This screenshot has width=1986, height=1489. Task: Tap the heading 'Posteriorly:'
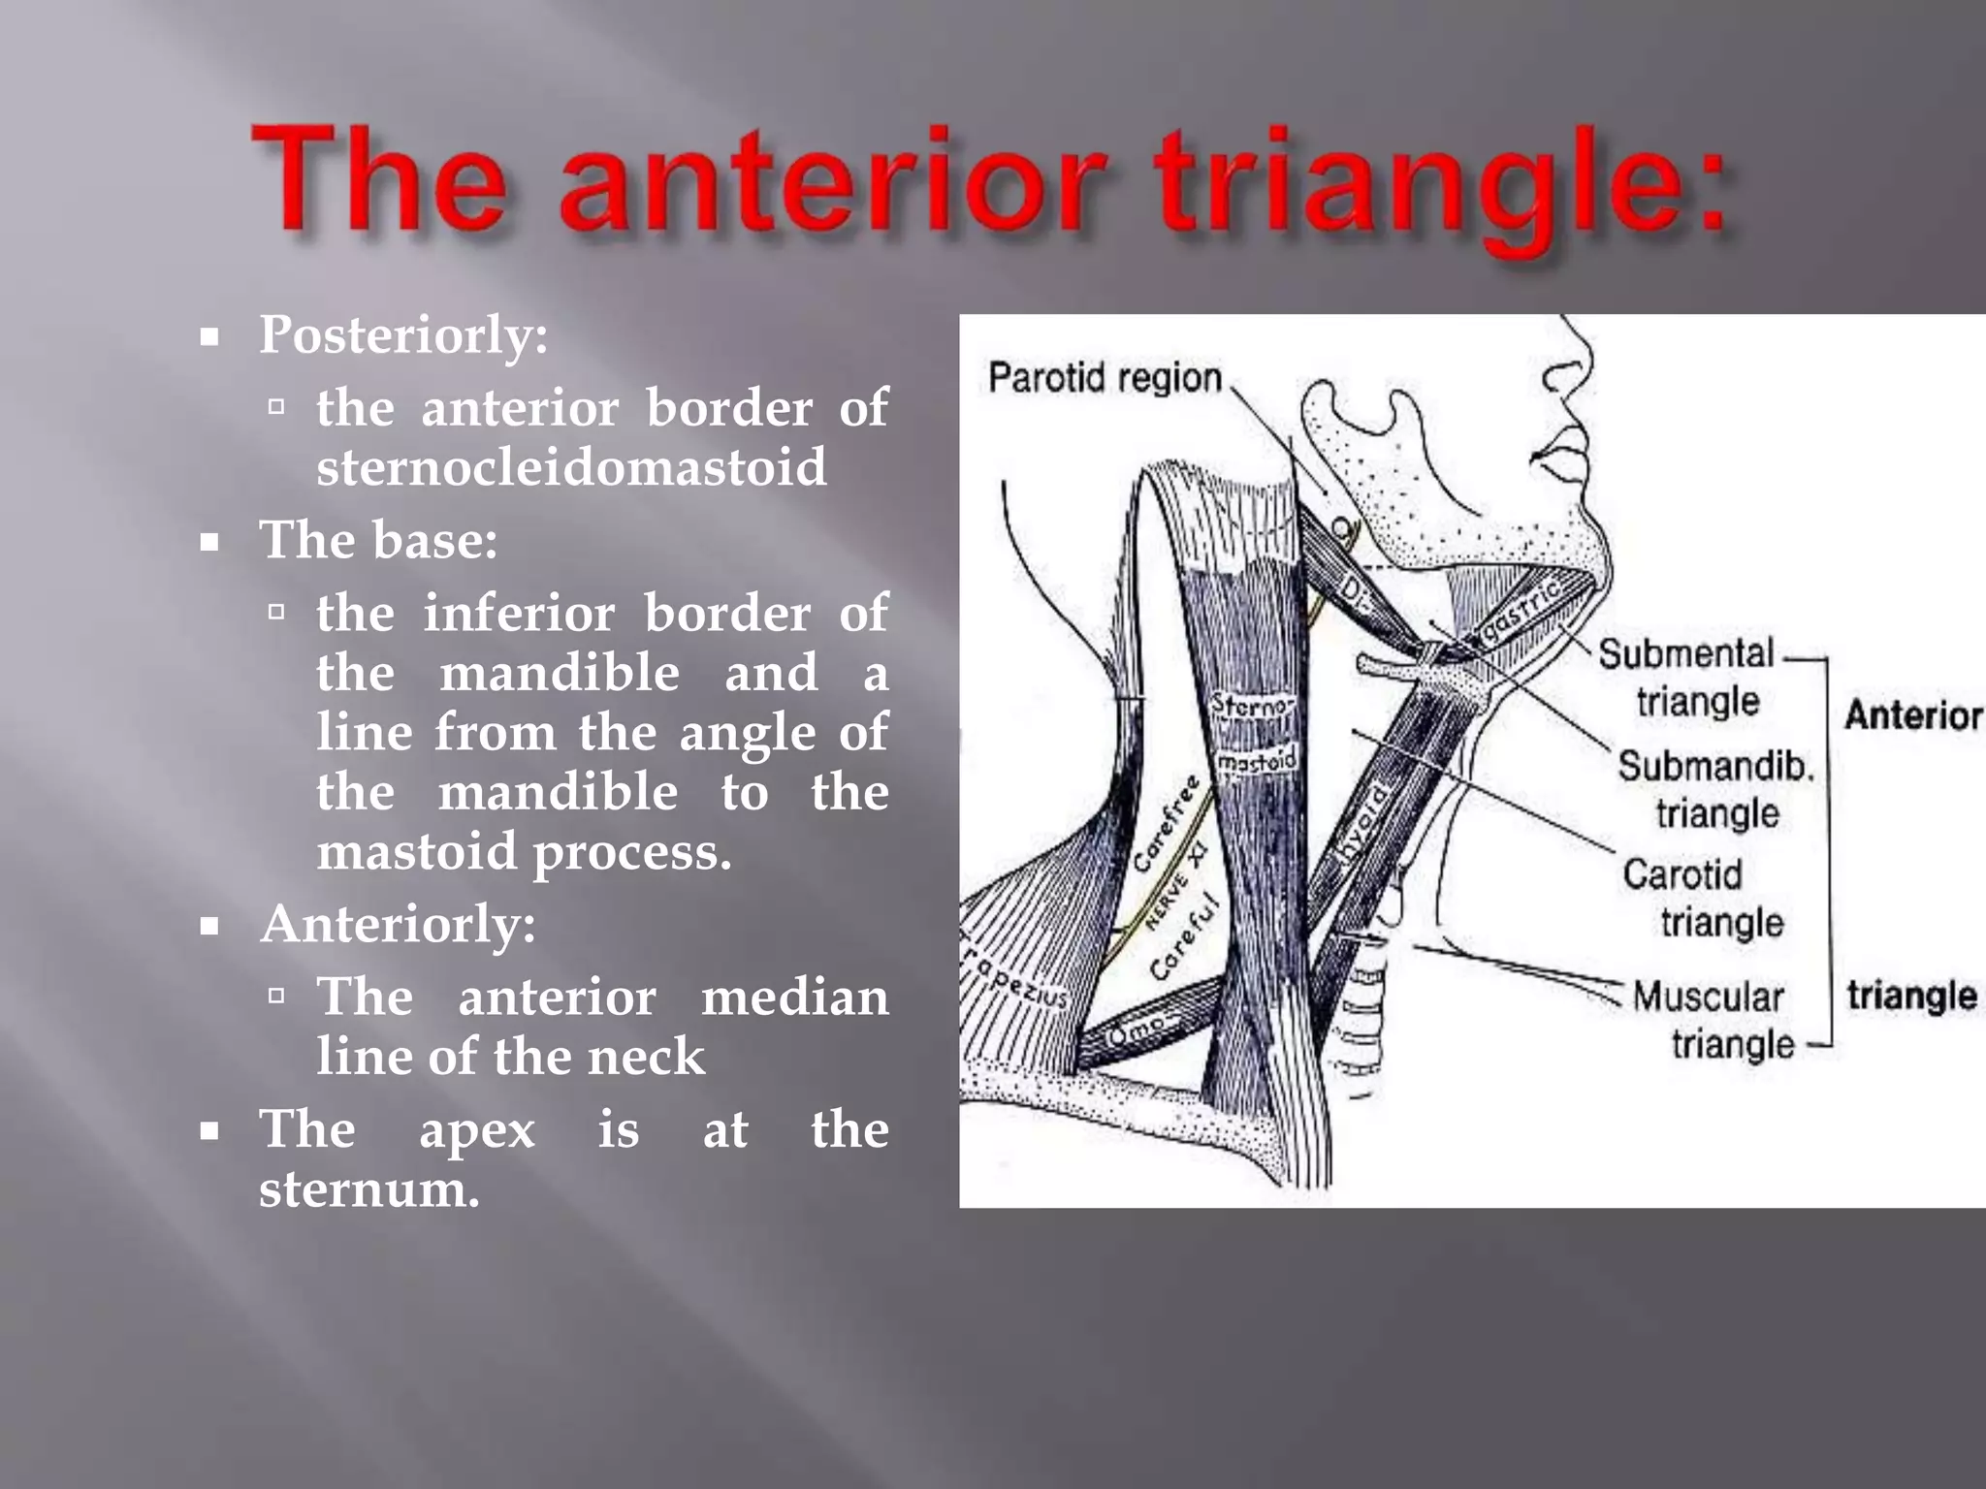pos(403,335)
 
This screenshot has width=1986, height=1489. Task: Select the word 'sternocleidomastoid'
pos(571,467)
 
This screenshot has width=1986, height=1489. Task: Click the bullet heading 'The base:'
pos(378,540)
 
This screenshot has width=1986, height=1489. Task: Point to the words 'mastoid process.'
pos(524,852)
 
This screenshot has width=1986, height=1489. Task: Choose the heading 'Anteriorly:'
pos(398,924)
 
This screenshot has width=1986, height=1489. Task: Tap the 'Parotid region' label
pos(1105,378)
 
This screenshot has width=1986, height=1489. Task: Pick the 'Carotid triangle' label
pos(1701,898)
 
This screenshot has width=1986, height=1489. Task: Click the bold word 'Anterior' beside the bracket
pos(1912,715)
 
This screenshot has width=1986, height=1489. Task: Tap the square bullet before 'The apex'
pos(209,1130)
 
